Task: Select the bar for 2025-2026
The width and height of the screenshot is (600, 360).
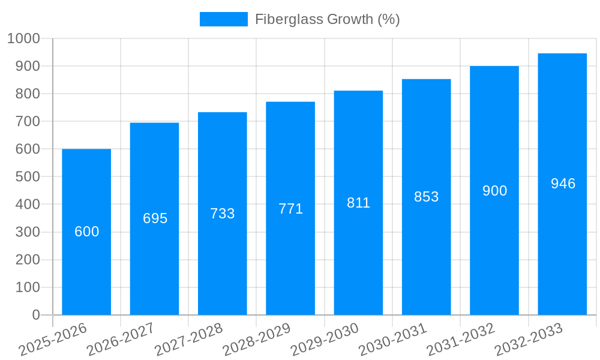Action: point(86,270)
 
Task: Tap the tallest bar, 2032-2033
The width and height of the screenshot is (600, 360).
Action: point(562,240)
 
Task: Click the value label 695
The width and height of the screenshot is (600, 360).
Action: point(155,218)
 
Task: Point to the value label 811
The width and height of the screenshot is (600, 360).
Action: point(358,203)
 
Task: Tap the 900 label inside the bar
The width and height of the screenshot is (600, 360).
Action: point(494,191)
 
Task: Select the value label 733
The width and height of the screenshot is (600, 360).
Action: point(222,214)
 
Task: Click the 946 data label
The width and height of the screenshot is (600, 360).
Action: point(563,184)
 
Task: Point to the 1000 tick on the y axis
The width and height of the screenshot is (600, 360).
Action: point(23,38)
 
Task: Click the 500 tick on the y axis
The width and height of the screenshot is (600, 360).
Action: point(27,177)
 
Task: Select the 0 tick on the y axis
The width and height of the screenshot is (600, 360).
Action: point(36,315)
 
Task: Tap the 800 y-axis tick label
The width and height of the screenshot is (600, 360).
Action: point(27,94)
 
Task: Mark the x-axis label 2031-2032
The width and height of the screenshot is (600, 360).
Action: point(461,340)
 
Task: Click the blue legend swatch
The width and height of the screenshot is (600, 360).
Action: point(223,19)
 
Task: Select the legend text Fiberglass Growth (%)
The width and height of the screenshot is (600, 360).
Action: point(327,19)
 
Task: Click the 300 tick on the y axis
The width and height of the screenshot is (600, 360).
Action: point(27,232)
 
